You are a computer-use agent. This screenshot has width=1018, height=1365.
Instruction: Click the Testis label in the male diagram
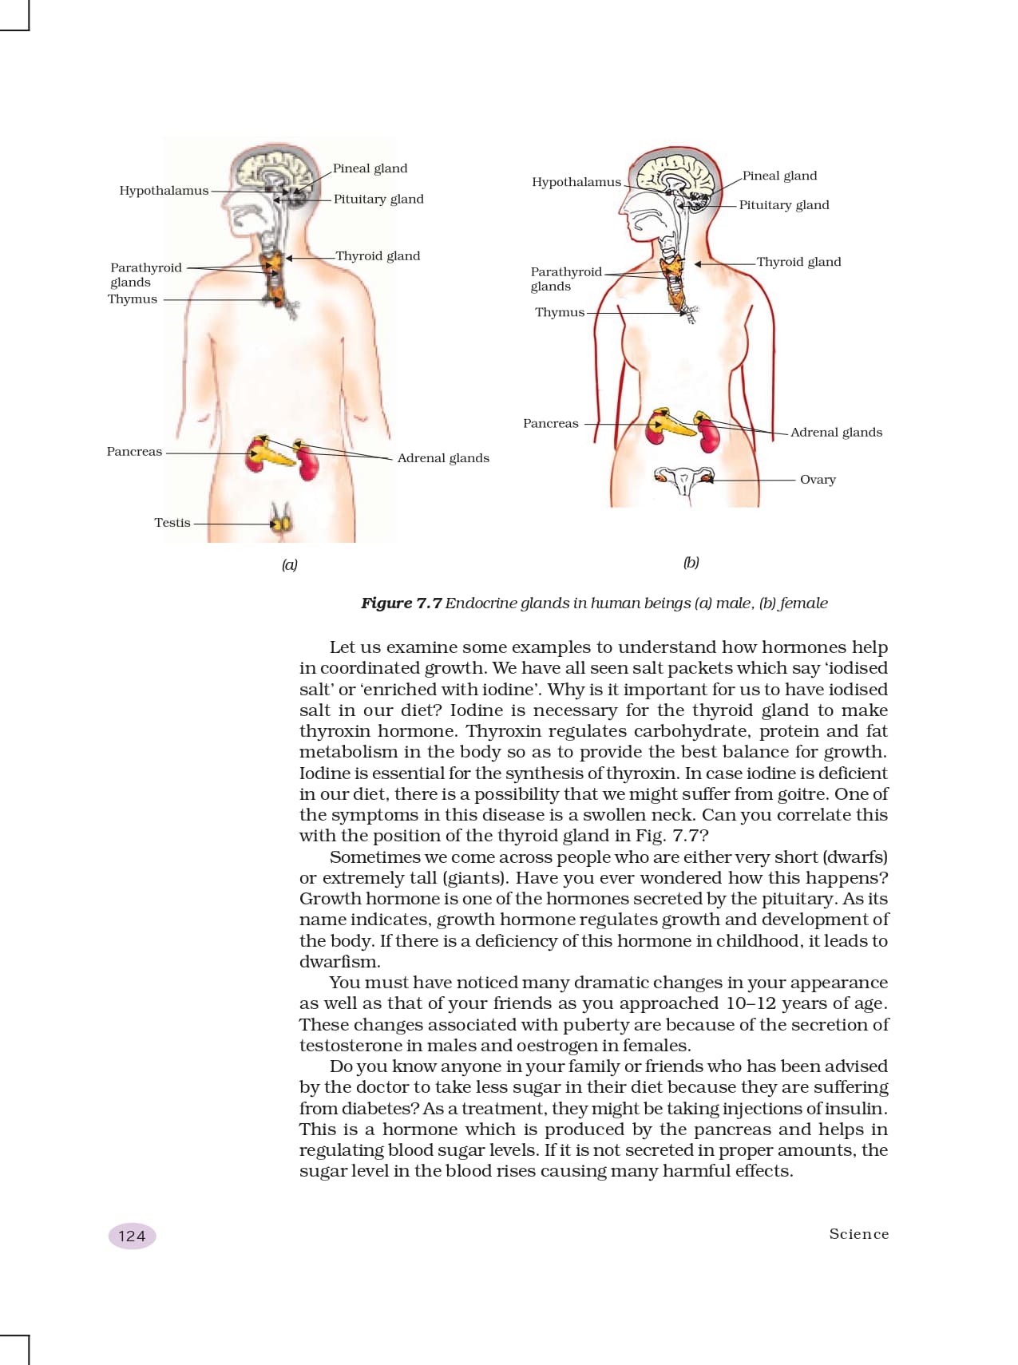point(172,523)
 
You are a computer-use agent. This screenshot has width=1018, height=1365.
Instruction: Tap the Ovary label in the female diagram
point(818,480)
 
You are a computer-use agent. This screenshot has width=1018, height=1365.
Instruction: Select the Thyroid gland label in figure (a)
point(378,256)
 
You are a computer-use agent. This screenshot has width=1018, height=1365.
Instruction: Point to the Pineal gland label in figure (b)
point(780,176)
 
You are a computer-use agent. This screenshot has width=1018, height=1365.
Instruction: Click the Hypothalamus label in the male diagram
point(164,191)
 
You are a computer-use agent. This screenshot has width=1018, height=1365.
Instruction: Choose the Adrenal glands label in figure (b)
point(836,433)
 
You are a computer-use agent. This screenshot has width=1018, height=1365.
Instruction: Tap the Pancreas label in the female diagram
point(550,424)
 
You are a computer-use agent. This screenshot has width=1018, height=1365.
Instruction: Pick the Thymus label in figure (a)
point(133,299)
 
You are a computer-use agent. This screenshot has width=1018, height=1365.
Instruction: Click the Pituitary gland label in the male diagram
point(378,200)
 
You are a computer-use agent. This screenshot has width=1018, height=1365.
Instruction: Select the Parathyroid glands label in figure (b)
point(565,279)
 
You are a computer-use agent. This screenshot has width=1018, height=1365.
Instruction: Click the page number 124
point(132,1236)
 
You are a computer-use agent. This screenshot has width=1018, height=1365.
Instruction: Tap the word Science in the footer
point(858,1234)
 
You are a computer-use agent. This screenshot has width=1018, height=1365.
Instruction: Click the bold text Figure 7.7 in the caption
point(401,603)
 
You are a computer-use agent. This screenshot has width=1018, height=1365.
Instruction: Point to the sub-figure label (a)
point(289,565)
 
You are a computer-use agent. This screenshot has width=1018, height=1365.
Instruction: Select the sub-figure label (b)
point(691,563)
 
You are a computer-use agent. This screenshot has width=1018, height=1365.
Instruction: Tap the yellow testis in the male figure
point(280,524)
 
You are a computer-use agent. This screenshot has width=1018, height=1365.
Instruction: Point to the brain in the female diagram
point(679,176)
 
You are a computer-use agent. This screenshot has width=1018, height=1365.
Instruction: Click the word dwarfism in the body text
point(339,963)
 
